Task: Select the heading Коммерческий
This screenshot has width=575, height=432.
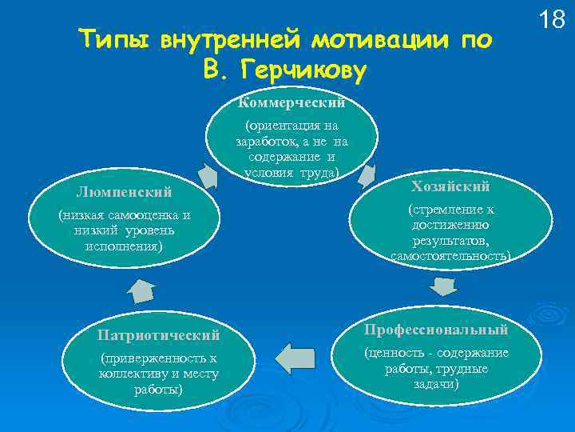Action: (292, 103)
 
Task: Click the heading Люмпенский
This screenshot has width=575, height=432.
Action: (124, 192)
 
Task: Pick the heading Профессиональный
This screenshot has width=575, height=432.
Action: (436, 330)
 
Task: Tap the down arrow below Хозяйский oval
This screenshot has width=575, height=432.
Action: (441, 286)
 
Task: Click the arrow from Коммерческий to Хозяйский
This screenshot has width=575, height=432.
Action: (367, 175)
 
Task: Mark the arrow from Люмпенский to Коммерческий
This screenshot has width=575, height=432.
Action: (208, 174)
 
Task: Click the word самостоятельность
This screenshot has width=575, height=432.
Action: (450, 255)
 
